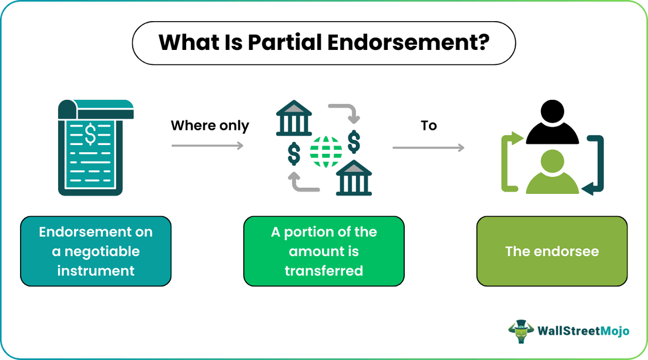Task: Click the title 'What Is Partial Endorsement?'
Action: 324,43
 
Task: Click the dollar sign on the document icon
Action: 90,134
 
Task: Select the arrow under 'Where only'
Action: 207,145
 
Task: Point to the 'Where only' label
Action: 210,126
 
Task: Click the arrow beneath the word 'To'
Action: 428,147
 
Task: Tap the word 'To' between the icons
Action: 429,126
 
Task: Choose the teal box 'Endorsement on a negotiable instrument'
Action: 96,251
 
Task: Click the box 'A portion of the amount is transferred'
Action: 324,251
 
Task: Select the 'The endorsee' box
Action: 552,251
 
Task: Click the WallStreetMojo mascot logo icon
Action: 521,331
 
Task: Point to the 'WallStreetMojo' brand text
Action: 583,331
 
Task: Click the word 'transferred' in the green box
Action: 324,270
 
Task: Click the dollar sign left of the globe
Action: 294,154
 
